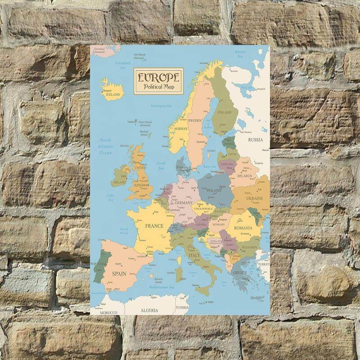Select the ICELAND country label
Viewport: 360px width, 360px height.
click(x=112, y=95)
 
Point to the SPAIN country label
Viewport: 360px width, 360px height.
click(x=118, y=274)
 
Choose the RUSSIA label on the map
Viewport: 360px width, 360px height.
click(x=255, y=139)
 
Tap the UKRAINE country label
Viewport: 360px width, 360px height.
click(x=254, y=198)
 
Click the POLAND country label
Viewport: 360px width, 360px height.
click(x=214, y=190)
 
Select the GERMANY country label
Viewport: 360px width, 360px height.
click(x=184, y=203)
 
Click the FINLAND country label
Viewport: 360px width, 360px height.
click(x=224, y=113)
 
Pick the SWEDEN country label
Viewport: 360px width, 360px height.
click(x=195, y=121)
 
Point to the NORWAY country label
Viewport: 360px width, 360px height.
click(x=180, y=129)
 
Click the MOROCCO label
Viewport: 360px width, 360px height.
click(x=108, y=312)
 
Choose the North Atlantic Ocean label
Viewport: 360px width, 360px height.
click(x=105, y=146)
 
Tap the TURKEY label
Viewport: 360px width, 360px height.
click(x=263, y=265)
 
